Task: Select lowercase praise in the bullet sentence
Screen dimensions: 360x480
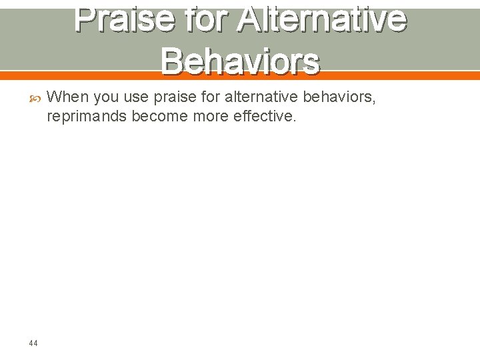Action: click(173, 97)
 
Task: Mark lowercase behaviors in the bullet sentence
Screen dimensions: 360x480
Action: click(338, 97)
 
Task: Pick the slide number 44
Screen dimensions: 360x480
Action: click(33, 343)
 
